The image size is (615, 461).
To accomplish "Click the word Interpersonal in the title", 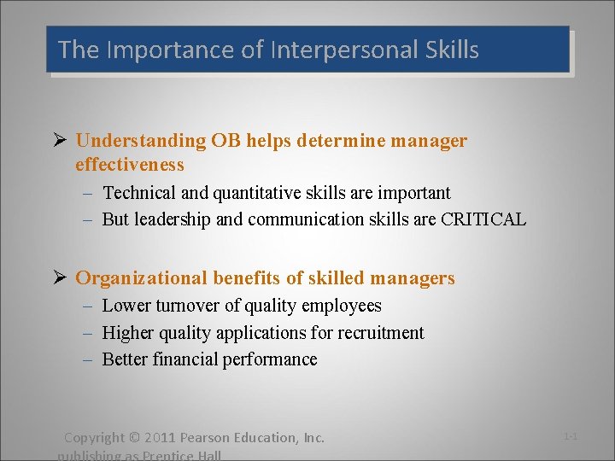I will point(343,50).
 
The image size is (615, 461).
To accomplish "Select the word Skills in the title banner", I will point(451,50).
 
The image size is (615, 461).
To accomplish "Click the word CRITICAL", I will point(483,219).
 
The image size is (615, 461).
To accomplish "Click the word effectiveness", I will point(130,164).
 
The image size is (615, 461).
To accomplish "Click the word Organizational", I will point(142,278).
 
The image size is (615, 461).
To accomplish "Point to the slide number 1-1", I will point(571,436).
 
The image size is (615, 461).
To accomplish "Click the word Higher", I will point(128,333).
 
